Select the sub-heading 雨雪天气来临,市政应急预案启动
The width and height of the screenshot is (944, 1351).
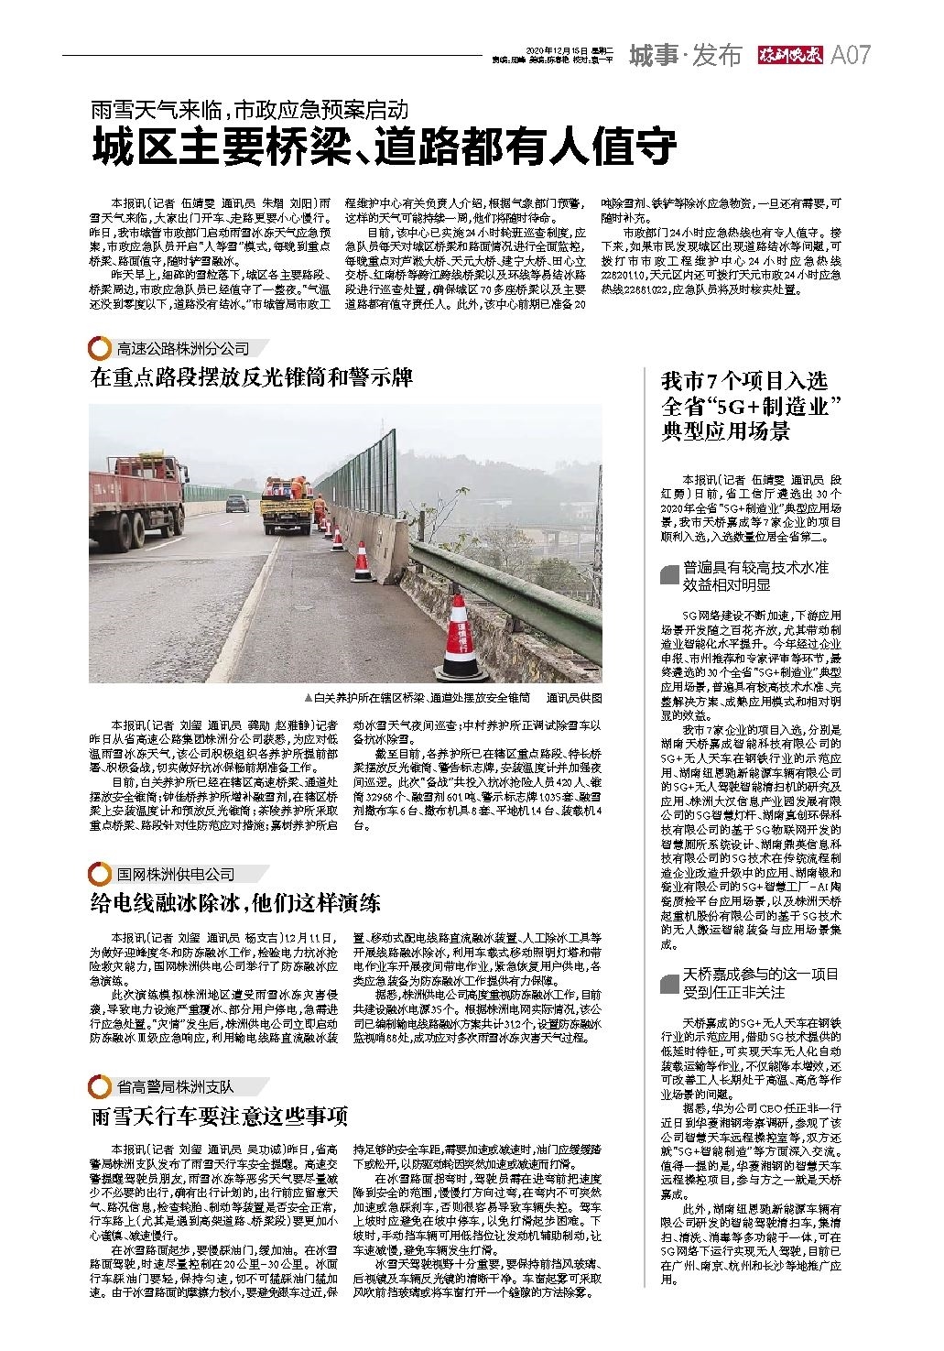pyautogui.click(x=247, y=111)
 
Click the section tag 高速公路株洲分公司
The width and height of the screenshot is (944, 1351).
pyautogui.click(x=182, y=349)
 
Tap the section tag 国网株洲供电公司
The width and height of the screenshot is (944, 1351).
pyautogui.click(x=175, y=873)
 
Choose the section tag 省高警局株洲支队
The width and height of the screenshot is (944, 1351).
pyautogui.click(x=175, y=1086)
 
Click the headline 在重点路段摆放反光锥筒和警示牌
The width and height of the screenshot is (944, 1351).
pyautogui.click(x=252, y=377)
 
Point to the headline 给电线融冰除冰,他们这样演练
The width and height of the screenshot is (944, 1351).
pyautogui.click(x=235, y=902)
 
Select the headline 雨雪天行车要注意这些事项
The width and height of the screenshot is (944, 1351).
pyautogui.click(x=219, y=1116)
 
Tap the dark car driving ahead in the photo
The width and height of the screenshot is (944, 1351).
pyautogui.click(x=236, y=503)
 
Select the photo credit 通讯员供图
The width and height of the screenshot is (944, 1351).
pyautogui.click(x=574, y=697)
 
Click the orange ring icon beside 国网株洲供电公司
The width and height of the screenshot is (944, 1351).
pyautogui.click(x=99, y=873)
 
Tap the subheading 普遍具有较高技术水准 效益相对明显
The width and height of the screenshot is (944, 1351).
pyautogui.click(x=754, y=575)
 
